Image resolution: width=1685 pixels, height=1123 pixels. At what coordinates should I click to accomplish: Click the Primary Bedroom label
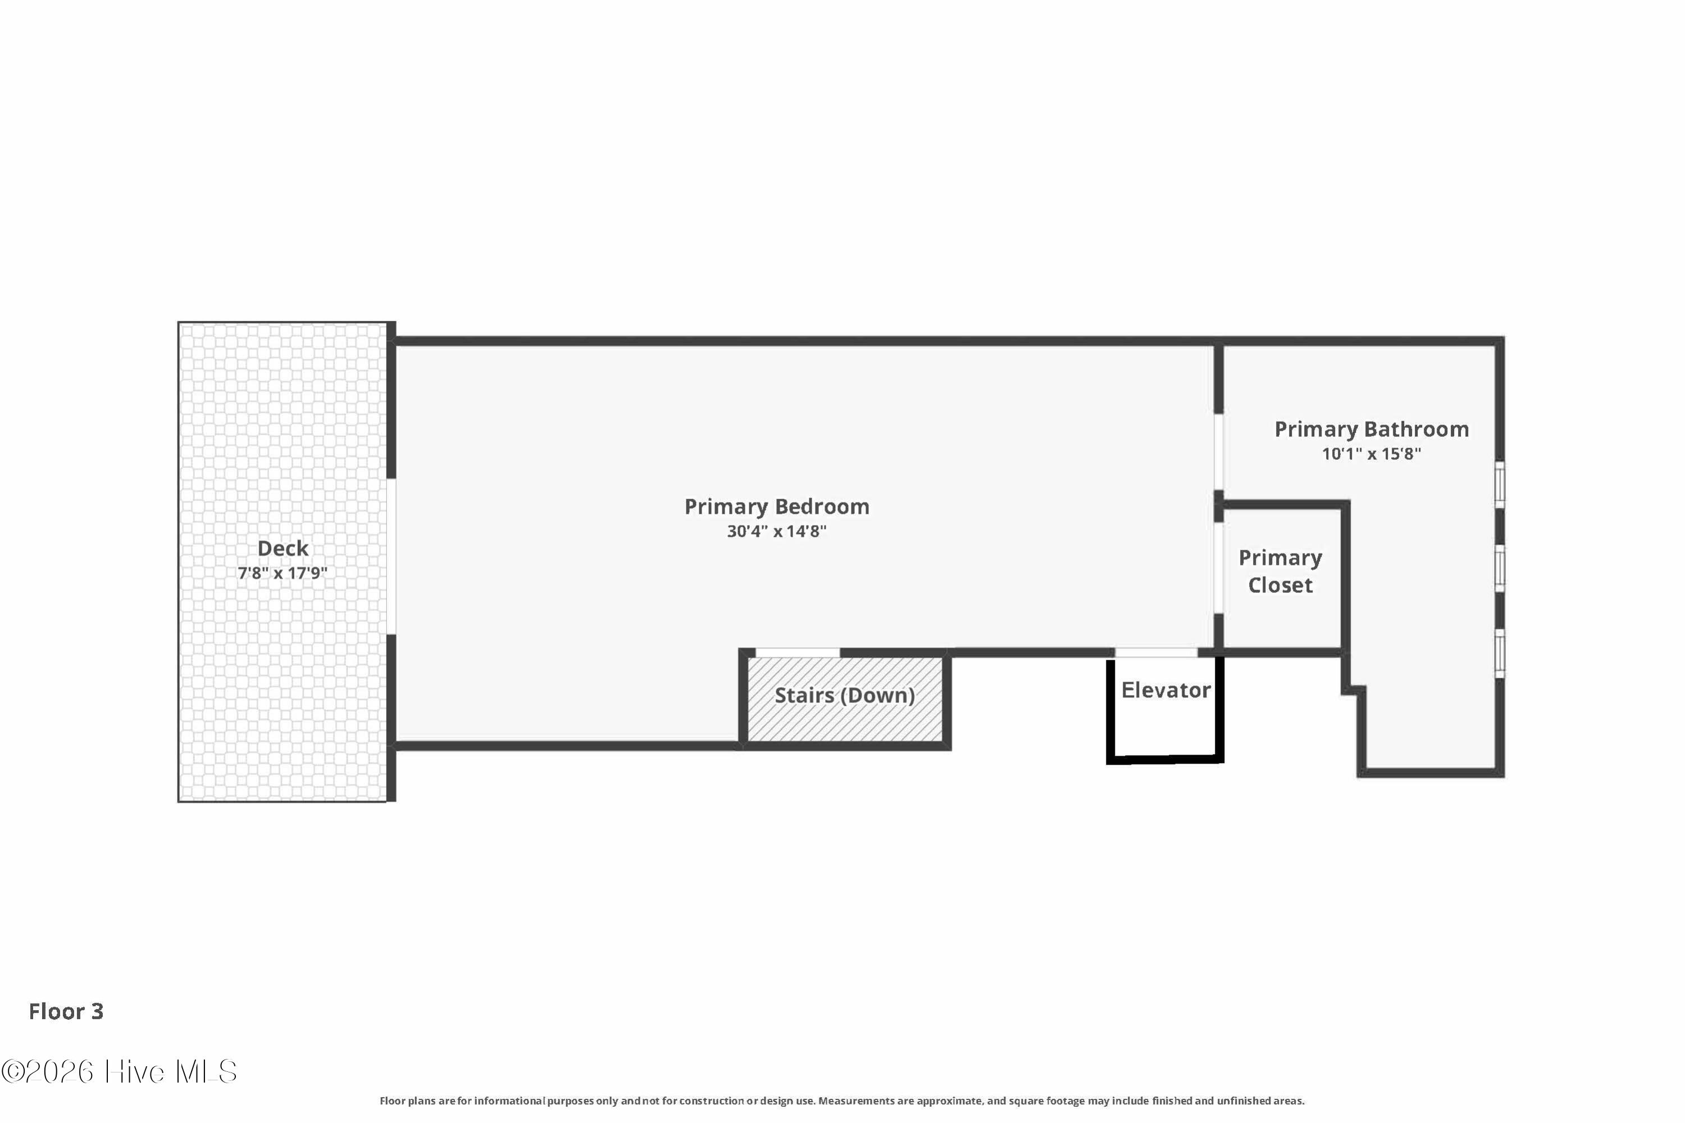[777, 507]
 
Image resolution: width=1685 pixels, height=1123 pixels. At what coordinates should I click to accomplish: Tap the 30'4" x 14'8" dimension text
[777, 531]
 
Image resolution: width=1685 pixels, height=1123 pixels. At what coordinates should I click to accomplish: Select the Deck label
[283, 549]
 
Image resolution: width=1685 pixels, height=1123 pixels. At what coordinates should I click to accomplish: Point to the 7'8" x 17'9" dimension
[283, 573]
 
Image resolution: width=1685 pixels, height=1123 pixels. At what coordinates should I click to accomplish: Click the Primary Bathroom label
[1371, 430]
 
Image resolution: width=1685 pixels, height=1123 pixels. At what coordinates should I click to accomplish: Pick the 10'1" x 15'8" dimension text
[1371, 454]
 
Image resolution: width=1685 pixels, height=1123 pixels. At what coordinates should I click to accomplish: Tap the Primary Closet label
[1280, 572]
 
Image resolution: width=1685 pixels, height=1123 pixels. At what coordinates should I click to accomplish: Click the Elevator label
[1165, 691]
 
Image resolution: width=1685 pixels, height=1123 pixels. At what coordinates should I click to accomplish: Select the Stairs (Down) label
[845, 696]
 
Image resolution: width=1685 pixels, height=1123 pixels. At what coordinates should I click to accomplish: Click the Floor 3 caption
[66, 1011]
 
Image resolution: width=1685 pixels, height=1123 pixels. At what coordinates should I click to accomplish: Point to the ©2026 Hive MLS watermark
[119, 1072]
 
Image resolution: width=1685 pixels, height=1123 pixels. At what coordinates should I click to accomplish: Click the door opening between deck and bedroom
[391, 556]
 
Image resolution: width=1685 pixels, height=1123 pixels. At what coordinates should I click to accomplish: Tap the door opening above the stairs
[798, 652]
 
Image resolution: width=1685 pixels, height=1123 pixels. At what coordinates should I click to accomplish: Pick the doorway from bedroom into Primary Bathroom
[1218, 452]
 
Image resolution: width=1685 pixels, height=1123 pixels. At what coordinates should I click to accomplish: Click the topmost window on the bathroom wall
[1500, 485]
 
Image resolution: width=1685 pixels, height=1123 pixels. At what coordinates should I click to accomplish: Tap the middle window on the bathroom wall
[1500, 569]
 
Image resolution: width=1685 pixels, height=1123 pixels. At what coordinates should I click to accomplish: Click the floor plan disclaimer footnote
[842, 1101]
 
